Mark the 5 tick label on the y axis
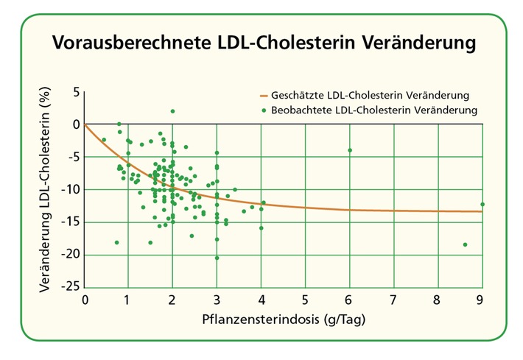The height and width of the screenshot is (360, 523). pos(74,92)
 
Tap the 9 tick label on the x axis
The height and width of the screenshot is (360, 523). pos(482,300)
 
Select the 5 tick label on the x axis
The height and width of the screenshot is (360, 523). pos(305,300)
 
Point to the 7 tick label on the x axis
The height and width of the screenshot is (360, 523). pos(393,300)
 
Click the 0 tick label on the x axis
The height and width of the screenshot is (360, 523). pos(85,300)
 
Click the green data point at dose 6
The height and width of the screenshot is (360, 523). pos(350,150)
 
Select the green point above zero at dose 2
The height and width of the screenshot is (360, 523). pos(172,111)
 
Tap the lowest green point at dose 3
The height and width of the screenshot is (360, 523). pos(217,258)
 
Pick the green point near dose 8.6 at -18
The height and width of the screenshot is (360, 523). pos(465,244)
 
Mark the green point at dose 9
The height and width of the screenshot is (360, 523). pos(482,204)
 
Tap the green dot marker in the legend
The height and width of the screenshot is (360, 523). pos(264,110)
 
